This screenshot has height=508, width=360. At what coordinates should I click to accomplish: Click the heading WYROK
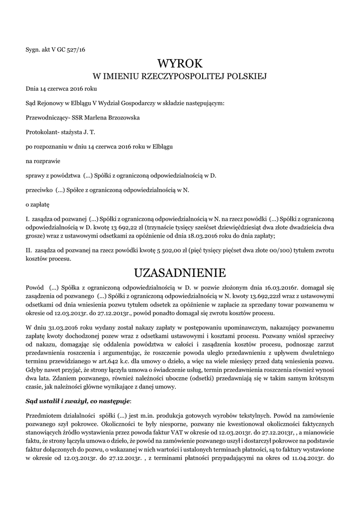pyautogui.click(x=180, y=63)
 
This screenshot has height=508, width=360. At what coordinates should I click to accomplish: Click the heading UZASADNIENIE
pyautogui.click(x=180, y=273)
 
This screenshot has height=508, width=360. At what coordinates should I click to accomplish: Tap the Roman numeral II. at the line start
pyautogui.click(x=29, y=251)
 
